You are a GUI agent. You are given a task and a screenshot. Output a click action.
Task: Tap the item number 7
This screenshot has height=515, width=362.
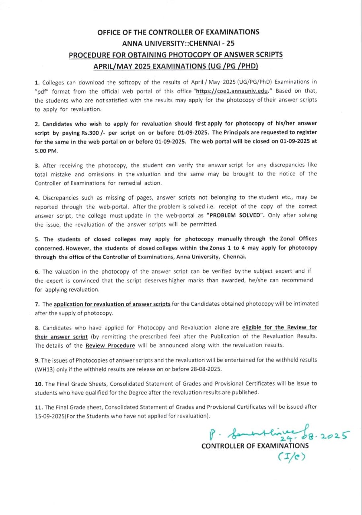click(x=37, y=304)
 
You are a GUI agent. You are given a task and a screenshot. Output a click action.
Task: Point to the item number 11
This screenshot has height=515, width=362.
click(x=38, y=407)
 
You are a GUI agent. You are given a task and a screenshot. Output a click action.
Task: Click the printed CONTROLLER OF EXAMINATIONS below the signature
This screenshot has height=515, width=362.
click(x=255, y=446)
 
